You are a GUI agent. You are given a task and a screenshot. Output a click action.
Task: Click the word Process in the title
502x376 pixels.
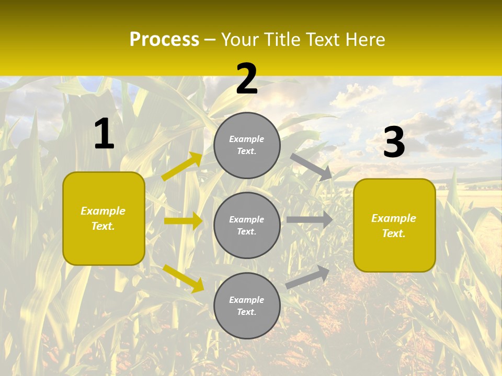pyautogui.click(x=164, y=40)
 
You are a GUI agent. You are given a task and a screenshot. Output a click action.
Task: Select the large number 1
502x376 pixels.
pyautogui.click(x=104, y=134)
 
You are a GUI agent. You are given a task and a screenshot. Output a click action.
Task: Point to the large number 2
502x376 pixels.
pyautogui.click(x=247, y=79)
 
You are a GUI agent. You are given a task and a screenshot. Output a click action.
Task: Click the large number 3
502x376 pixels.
pyautogui.click(x=394, y=143)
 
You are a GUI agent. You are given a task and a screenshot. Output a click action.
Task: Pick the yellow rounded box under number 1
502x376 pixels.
pyautogui.click(x=104, y=218)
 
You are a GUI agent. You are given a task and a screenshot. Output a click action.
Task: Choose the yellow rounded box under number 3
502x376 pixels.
pyautogui.click(x=394, y=226)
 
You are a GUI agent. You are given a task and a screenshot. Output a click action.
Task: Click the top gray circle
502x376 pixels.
pyautogui.click(x=247, y=145)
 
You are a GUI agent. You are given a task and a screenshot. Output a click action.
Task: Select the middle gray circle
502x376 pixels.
pyautogui.click(x=247, y=226)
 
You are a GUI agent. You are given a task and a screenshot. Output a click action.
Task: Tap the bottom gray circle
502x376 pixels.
pyautogui.click(x=247, y=306)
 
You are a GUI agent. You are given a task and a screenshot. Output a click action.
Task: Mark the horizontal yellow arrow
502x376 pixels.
pyautogui.click(x=183, y=221)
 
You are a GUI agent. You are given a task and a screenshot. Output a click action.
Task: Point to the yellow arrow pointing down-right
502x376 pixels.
pyautogui.click(x=183, y=278)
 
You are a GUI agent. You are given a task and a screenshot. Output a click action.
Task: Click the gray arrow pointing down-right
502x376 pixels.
pyautogui.click(x=311, y=167)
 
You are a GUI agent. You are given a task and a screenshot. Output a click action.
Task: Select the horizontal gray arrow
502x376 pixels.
pyautogui.click(x=310, y=220)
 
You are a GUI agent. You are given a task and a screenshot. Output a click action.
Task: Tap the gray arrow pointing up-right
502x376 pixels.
pyautogui.click(x=308, y=277)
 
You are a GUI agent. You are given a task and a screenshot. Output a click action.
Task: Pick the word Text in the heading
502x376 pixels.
pyautogui.click(x=323, y=40)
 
